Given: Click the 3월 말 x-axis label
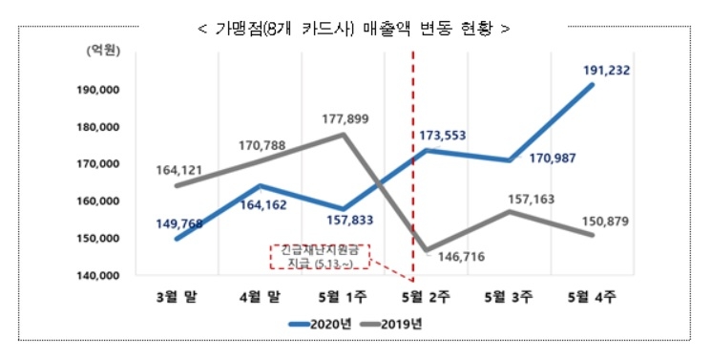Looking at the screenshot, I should tap(177, 296).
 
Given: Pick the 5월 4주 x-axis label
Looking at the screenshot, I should tap(592, 296).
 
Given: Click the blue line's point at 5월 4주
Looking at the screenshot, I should tap(593, 85).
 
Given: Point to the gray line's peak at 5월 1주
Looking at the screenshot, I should tap(343, 135).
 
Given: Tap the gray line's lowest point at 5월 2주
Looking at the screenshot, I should tap(426, 250).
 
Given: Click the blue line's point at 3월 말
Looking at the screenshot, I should tap(177, 239).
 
